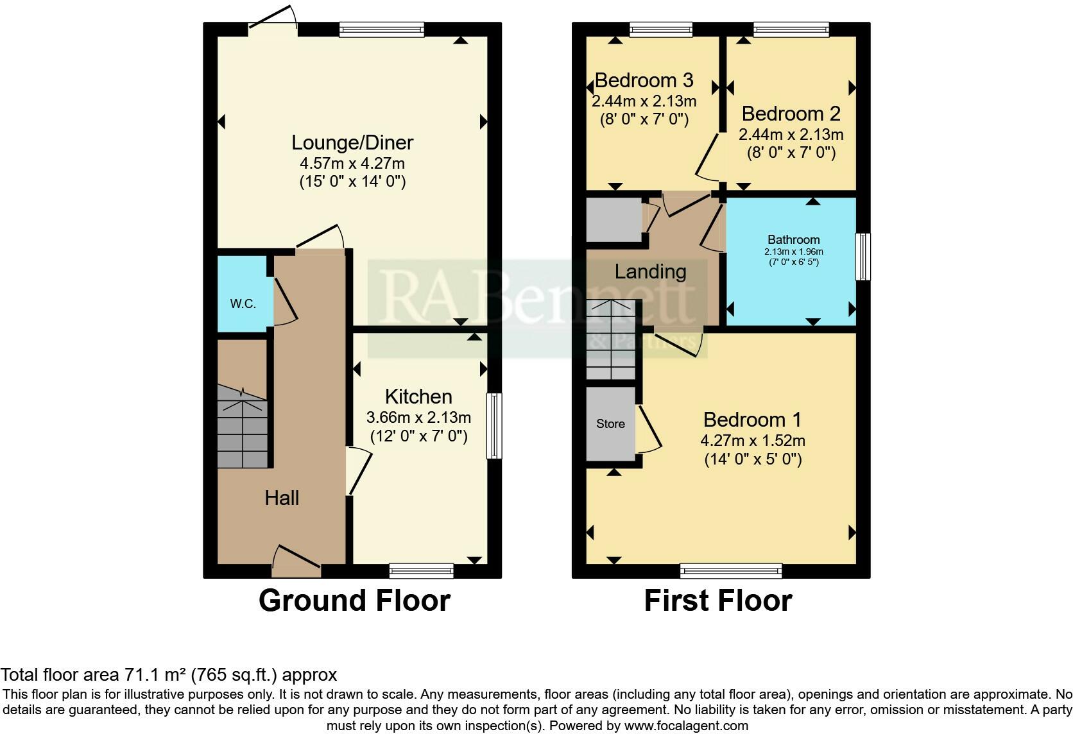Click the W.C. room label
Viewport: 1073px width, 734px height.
point(243,303)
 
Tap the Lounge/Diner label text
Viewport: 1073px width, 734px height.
point(352,142)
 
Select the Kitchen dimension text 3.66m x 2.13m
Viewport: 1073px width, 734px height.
point(418,418)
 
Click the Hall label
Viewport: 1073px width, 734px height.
point(282,498)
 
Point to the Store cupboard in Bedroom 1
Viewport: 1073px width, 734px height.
point(610,423)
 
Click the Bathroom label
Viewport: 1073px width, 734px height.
point(793,239)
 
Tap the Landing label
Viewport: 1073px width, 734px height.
point(650,271)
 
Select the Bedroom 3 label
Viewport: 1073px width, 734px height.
point(644,80)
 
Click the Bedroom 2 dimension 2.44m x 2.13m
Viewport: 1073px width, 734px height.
point(791,135)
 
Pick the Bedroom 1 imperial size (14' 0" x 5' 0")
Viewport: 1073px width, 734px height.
point(753,459)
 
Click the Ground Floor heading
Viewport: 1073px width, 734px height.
point(354,601)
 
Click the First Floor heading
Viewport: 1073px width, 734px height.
point(717,601)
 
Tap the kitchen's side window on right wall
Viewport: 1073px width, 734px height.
point(494,425)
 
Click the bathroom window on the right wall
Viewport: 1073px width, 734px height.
point(863,257)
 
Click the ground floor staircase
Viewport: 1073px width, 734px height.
point(242,427)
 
